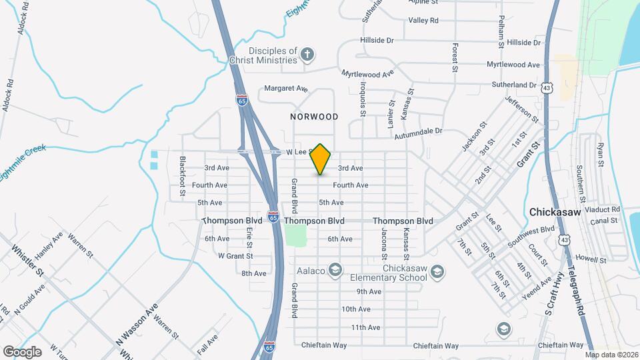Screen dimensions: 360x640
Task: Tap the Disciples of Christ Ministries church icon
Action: point(307,55)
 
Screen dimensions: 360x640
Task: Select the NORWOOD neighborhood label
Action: point(314,117)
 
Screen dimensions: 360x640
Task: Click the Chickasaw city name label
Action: point(557,212)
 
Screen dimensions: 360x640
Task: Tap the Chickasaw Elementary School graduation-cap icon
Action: point(437,271)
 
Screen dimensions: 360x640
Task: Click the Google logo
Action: point(22,351)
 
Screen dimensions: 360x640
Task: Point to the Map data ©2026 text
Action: point(611,355)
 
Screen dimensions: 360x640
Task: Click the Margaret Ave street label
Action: point(286,88)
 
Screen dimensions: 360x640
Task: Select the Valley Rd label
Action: point(423,21)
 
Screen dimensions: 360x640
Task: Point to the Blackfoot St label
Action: point(182,177)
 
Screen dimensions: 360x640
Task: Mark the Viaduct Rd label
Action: point(602,209)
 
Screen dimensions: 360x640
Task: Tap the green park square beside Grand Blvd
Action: point(295,235)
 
